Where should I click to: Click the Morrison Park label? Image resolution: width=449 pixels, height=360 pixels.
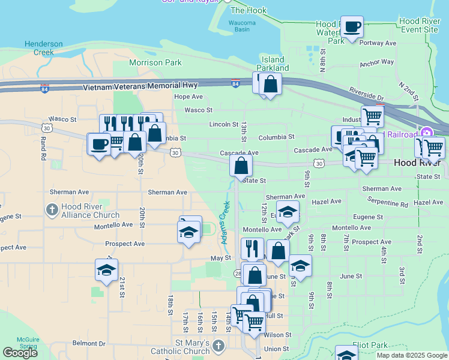156,62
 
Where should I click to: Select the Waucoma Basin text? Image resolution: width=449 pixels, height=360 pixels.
242,26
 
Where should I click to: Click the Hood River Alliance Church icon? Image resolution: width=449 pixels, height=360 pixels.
52,209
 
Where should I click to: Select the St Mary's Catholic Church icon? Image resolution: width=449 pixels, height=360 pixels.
218,346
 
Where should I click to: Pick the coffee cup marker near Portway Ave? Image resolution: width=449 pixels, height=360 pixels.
352,26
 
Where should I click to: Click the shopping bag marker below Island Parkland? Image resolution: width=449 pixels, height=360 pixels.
271,85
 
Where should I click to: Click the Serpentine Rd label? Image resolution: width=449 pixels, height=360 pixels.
387,204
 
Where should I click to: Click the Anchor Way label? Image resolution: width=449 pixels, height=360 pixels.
377,62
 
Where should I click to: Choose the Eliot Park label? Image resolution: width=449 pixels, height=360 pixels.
372,346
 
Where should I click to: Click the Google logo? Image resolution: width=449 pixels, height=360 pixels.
20,353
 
